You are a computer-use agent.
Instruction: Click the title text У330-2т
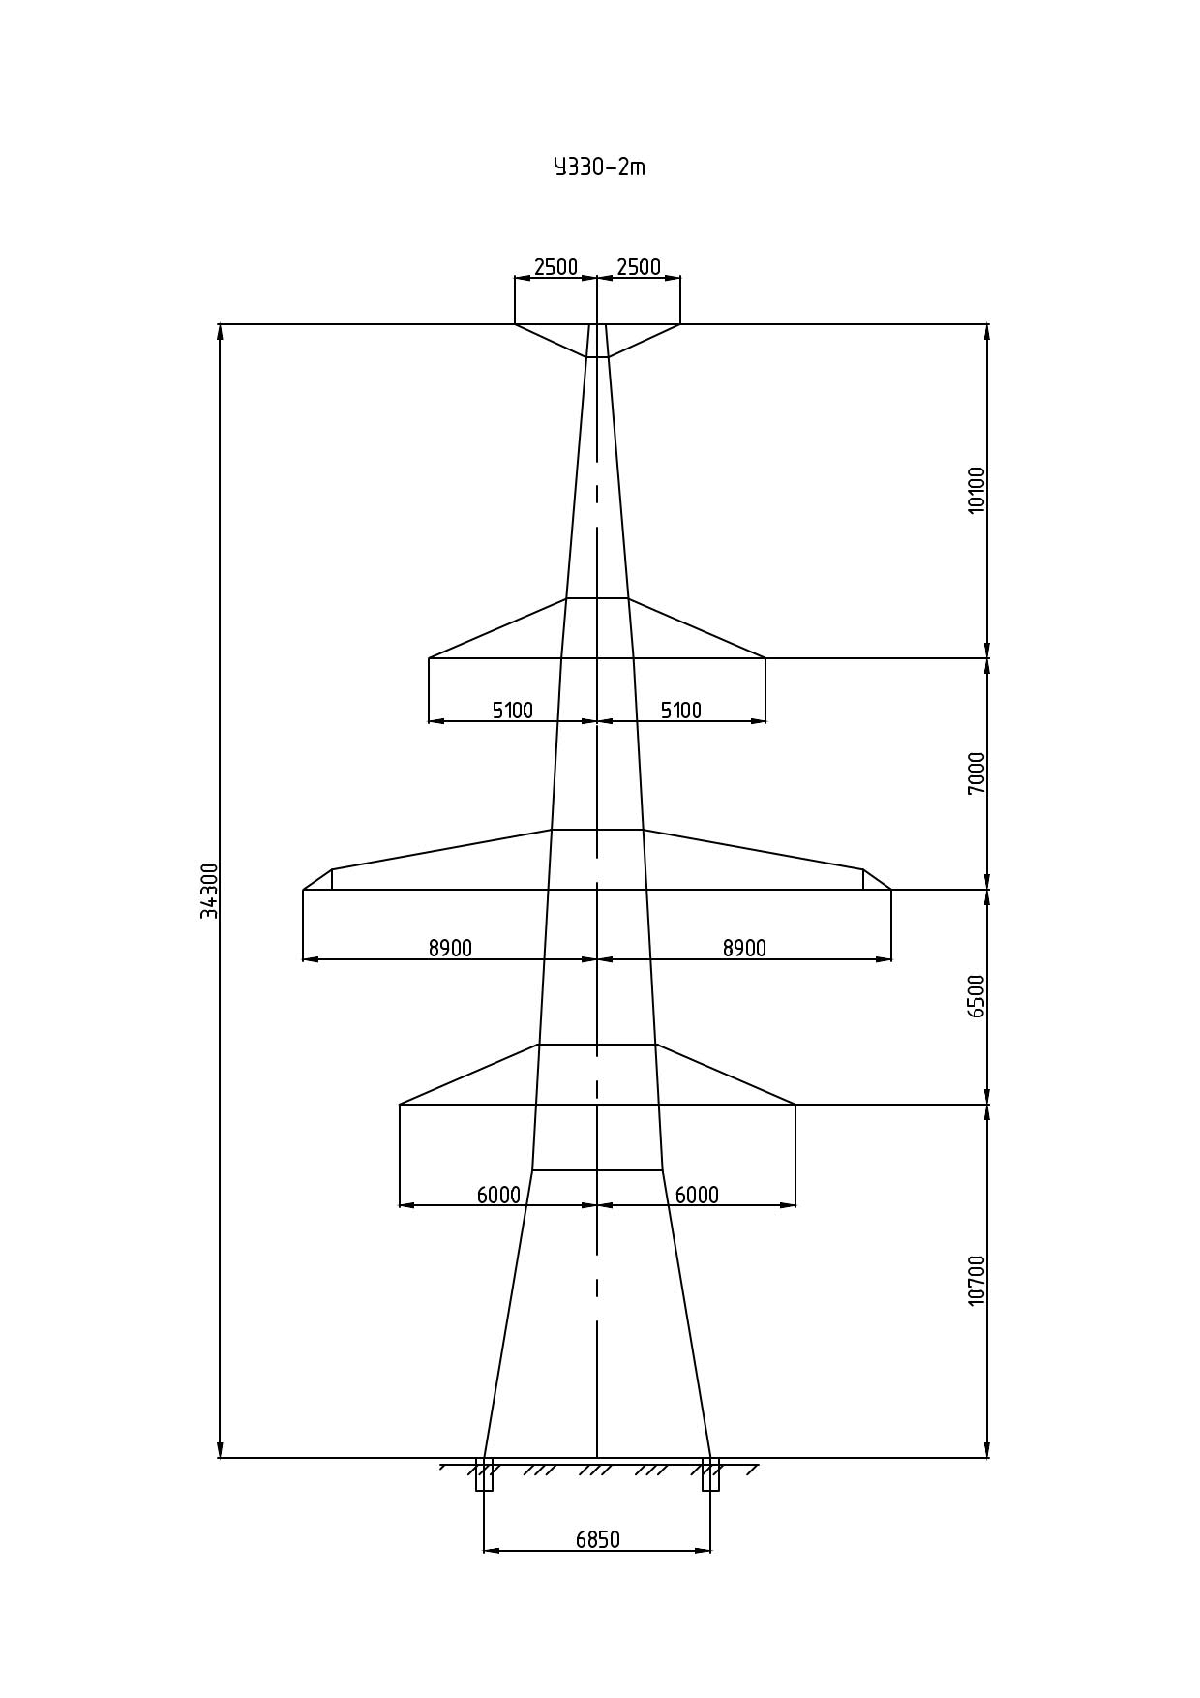tap(599, 167)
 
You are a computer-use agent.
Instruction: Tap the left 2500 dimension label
tap(555, 267)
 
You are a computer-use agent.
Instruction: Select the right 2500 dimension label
tap(639, 267)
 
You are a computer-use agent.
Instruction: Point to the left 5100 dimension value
tap(513, 711)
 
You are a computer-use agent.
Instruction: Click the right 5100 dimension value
tap(681, 711)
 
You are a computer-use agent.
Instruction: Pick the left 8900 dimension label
tap(451, 949)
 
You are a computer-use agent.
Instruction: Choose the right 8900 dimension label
tap(744, 949)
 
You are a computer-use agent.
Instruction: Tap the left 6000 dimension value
tap(498, 1196)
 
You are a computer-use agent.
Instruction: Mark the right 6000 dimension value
tap(697, 1196)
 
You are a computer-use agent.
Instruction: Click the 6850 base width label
tap(598, 1540)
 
